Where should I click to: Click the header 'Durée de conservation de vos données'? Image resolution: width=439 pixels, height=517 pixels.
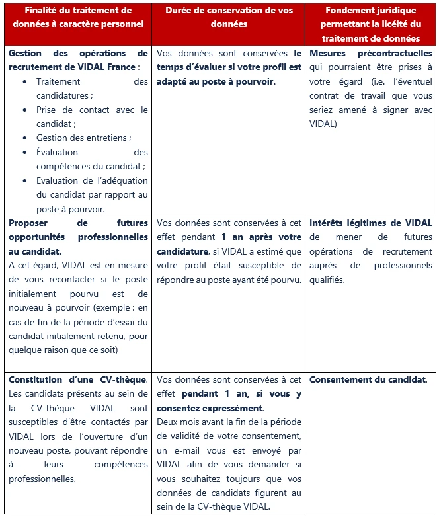tap(227, 17)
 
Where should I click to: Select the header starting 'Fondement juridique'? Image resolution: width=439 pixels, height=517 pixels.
tap(370, 24)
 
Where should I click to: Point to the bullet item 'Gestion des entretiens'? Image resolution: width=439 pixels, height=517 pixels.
tap(83, 138)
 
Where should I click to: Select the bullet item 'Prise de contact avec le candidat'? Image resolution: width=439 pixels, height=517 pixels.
tap(92, 116)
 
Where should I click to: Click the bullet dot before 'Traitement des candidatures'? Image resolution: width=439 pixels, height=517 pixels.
tap(24, 81)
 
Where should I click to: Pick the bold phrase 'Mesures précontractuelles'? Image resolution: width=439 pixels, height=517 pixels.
tap(370, 53)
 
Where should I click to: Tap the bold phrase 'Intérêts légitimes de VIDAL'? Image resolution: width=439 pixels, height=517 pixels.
tap(370, 223)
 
